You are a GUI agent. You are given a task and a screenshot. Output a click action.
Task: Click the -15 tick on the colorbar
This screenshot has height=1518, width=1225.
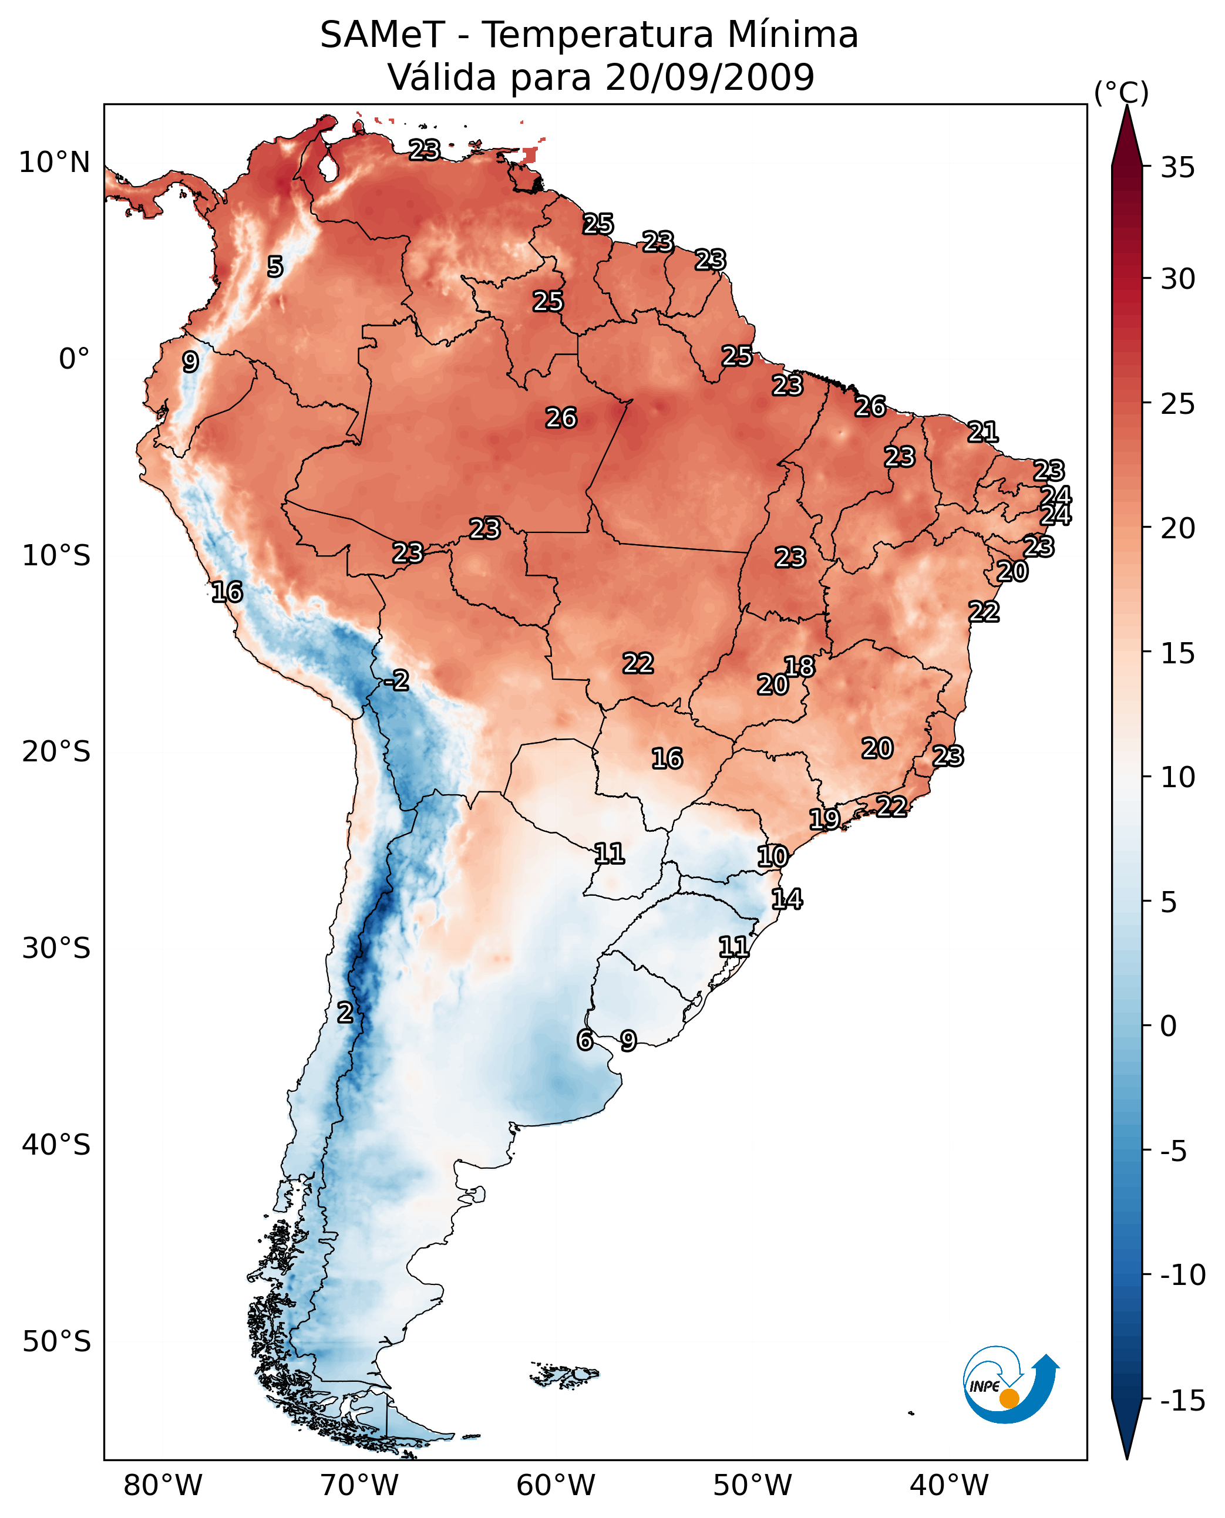point(1182,1400)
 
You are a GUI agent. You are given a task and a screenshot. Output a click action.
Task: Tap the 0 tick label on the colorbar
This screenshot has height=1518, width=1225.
point(1169,1026)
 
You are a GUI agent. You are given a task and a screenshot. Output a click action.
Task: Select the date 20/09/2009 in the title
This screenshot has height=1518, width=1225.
point(710,77)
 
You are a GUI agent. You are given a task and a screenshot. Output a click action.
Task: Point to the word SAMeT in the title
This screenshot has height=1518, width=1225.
point(382,35)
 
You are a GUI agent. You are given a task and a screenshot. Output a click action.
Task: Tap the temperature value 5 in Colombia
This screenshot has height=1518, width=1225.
point(275,267)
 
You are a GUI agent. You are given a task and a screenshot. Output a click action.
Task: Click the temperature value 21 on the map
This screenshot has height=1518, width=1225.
point(983,431)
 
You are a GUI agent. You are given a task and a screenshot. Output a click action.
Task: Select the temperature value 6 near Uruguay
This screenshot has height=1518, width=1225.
point(585,1040)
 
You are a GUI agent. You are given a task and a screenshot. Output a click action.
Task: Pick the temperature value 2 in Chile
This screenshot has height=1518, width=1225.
point(344,1012)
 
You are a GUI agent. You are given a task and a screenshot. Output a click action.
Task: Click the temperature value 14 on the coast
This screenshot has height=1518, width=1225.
point(787,899)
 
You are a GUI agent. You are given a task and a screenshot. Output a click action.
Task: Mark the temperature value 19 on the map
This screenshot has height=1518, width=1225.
point(824,819)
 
